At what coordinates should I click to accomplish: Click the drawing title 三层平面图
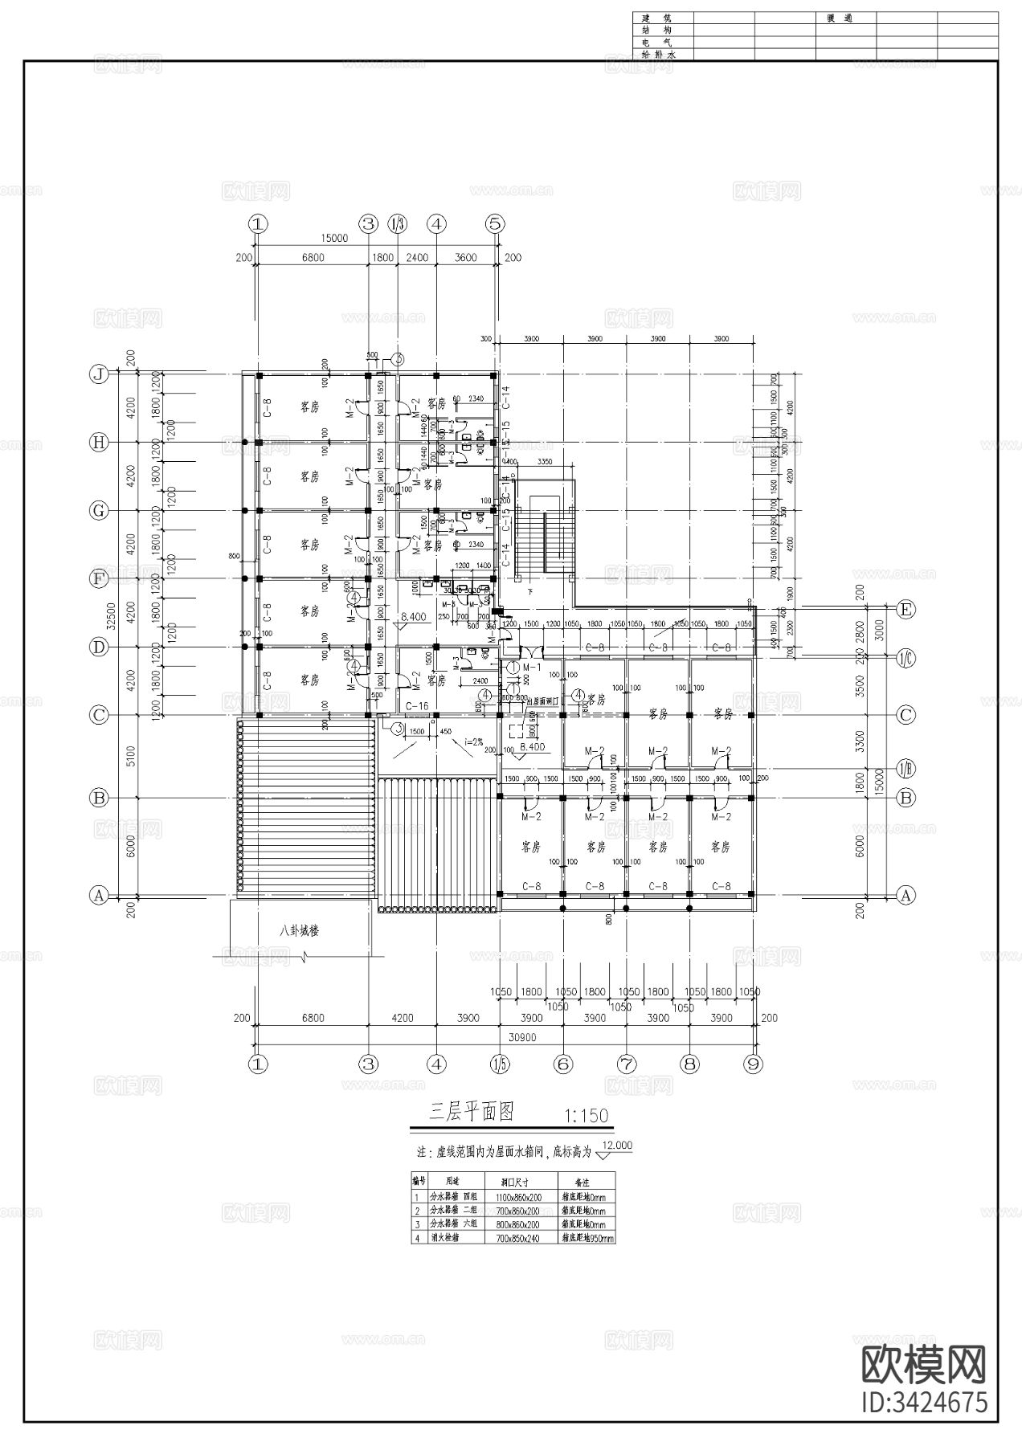[x=471, y=1112]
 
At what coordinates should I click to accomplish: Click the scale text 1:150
[x=587, y=1116]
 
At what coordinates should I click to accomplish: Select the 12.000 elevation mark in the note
[x=616, y=1146]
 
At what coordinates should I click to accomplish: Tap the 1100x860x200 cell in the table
[x=519, y=1197]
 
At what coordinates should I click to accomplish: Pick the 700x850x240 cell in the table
[x=519, y=1238]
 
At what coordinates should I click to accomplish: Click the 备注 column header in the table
[x=582, y=1183]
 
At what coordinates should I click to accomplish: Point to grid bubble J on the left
[x=99, y=374]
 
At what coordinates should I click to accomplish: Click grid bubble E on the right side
[x=905, y=610]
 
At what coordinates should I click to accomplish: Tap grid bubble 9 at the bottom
[x=753, y=1064]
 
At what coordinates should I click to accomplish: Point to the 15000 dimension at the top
[x=333, y=238]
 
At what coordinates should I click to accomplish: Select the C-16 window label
[x=417, y=705]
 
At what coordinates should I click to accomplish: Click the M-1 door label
[x=531, y=668]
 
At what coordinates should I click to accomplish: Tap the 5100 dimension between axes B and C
[x=131, y=756]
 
